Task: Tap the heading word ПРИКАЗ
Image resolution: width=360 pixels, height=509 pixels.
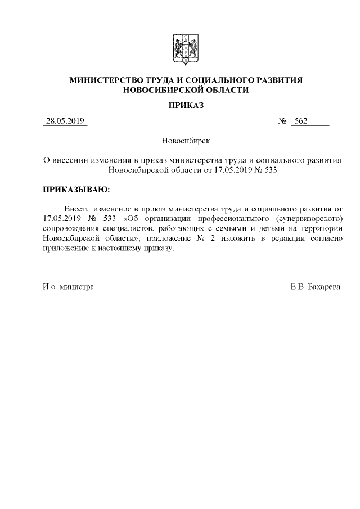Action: (186, 105)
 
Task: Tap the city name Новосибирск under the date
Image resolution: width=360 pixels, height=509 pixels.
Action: (185, 140)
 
